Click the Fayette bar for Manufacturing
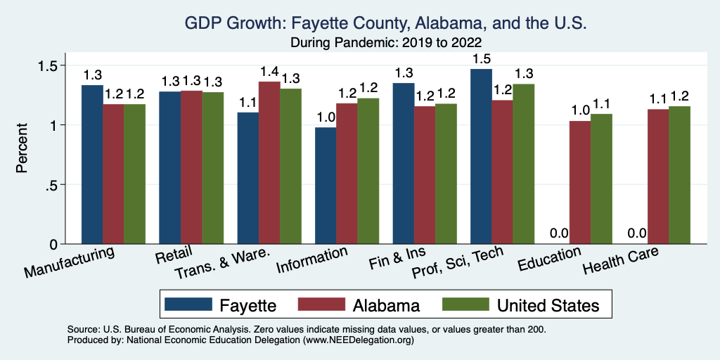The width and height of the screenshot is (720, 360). (x=92, y=165)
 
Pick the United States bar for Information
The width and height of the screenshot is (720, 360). (x=368, y=172)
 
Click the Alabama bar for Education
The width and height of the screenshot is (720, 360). (x=580, y=183)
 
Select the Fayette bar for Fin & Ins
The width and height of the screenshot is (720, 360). (x=404, y=164)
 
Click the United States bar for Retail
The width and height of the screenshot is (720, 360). (x=213, y=168)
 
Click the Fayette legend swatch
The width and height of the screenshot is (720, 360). (x=188, y=304)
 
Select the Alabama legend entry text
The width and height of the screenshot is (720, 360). (x=387, y=305)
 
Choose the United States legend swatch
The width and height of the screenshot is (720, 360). (x=465, y=304)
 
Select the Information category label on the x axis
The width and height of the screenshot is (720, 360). (x=313, y=259)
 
